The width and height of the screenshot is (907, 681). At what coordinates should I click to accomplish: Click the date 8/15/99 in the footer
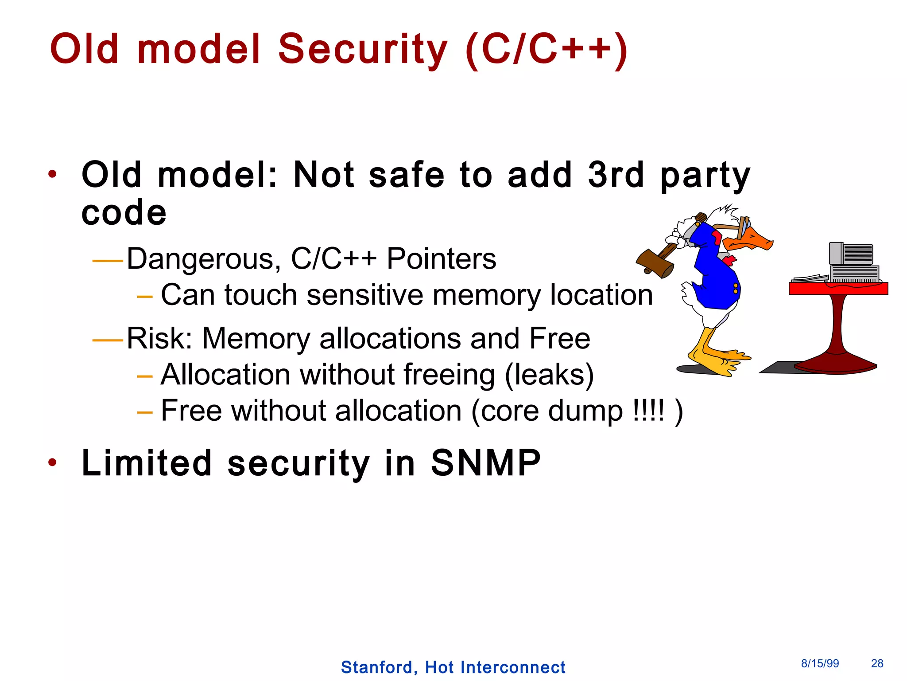coord(820,663)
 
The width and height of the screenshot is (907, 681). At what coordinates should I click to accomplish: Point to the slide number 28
coord(877,663)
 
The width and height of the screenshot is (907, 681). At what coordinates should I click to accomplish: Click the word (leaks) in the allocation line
coord(549,375)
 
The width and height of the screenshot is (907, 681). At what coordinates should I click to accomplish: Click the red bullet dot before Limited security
coord(53,463)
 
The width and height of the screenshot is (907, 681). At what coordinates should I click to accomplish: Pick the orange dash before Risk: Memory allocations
coord(107,340)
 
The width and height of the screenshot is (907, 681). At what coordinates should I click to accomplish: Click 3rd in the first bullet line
coord(616,175)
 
